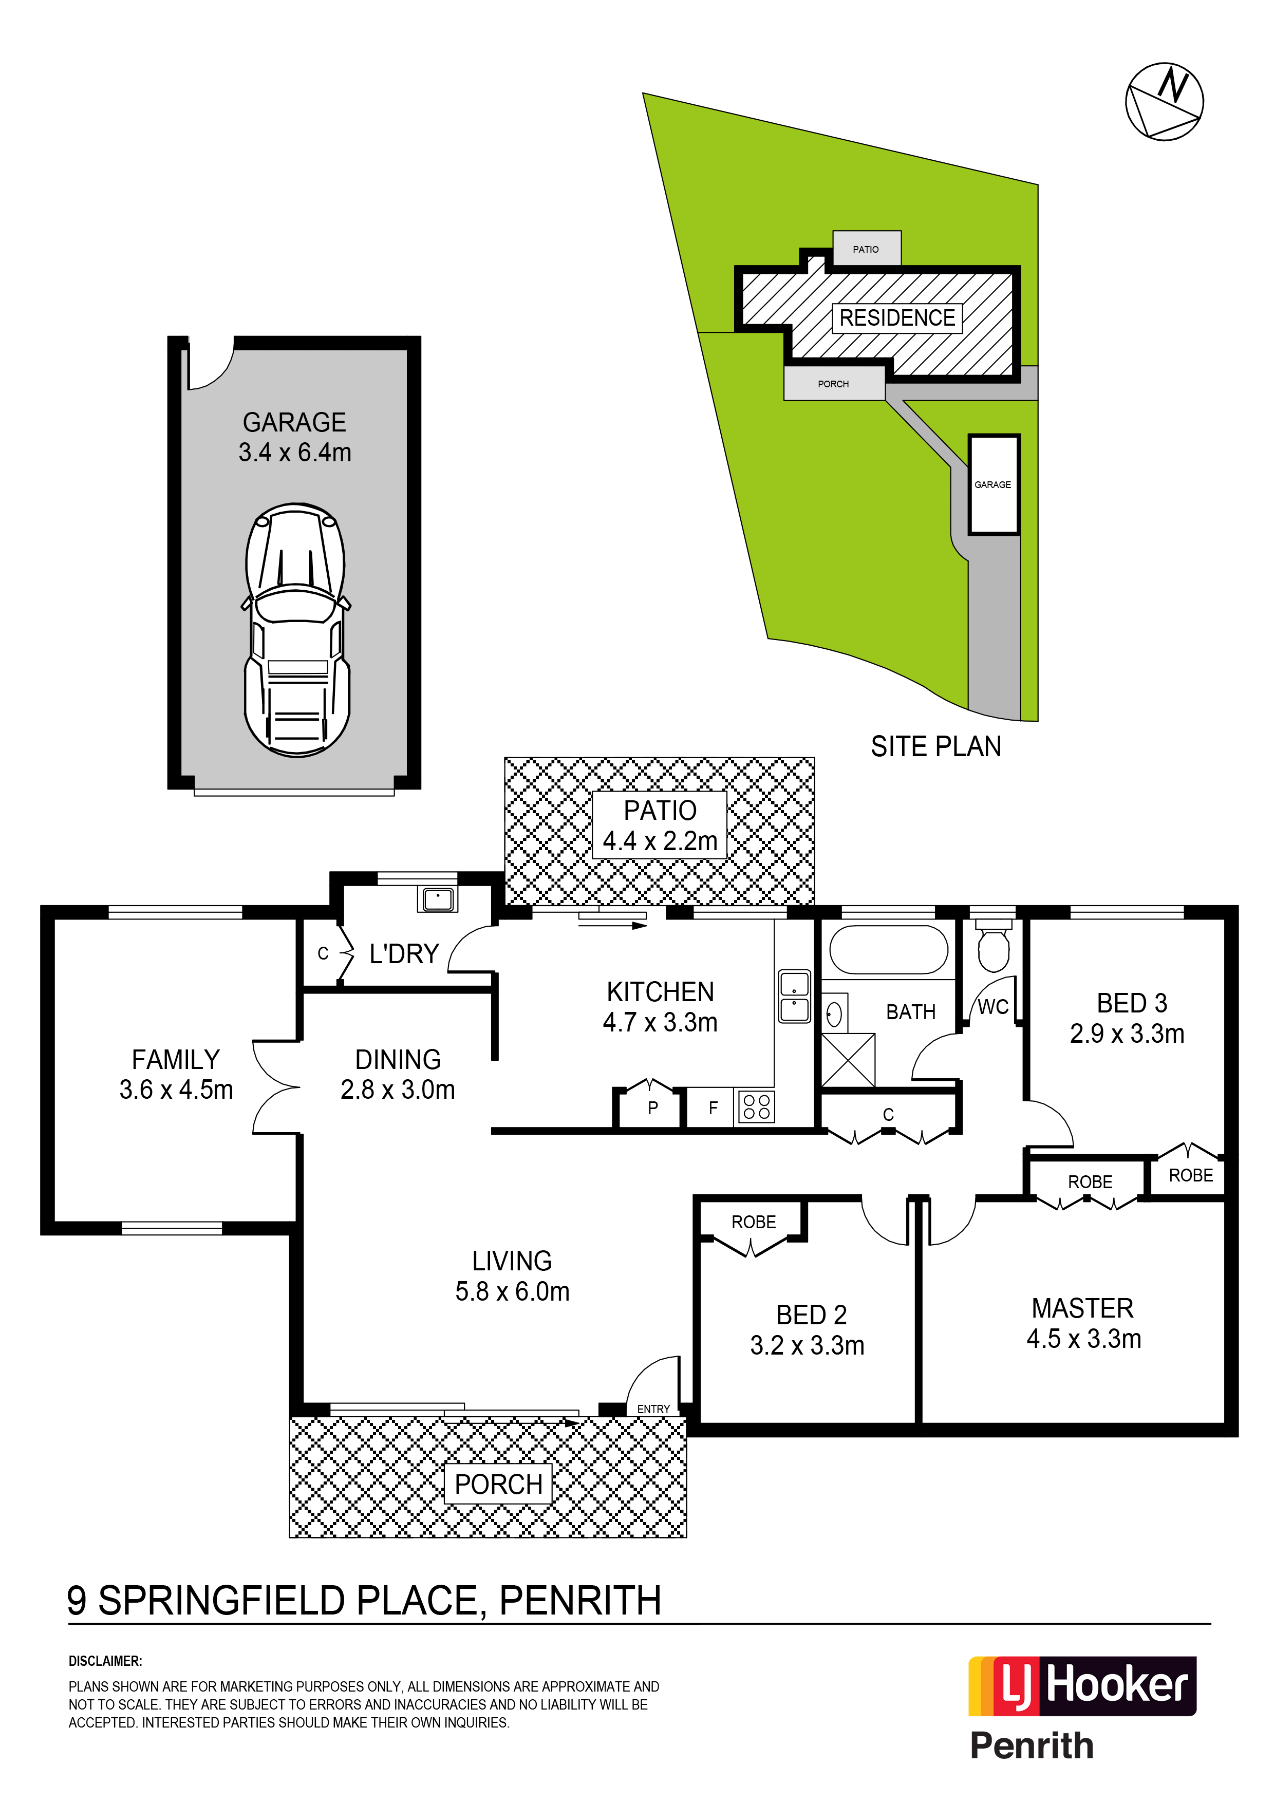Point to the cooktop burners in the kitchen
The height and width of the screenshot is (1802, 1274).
point(756,1106)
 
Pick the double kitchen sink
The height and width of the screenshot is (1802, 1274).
point(794,996)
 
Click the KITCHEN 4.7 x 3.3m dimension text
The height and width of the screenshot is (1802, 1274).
point(660,1007)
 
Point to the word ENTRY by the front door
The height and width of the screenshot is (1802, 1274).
point(653,1409)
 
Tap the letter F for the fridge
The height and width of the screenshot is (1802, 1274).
point(713,1108)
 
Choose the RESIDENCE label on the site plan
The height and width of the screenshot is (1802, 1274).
point(897,318)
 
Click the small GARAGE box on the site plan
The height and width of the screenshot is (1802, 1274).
point(993,484)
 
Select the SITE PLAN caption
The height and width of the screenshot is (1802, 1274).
point(935,746)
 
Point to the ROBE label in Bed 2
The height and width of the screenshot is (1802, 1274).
point(754,1222)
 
